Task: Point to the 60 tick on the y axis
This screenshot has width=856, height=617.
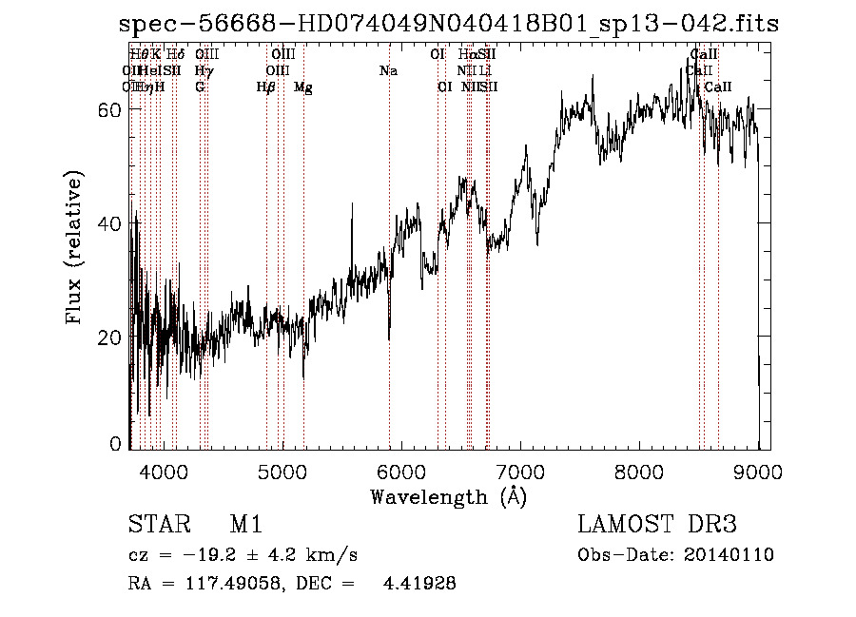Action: click(x=108, y=109)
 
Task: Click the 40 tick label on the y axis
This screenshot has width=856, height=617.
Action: click(x=108, y=223)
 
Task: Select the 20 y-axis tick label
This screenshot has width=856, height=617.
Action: click(x=108, y=337)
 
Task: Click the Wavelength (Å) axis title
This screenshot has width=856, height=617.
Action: click(x=448, y=496)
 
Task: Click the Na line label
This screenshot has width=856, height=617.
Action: click(x=388, y=71)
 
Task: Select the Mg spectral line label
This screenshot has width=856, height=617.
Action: click(x=303, y=87)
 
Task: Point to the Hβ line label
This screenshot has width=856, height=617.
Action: click(x=266, y=87)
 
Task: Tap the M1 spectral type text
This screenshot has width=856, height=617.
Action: click(x=245, y=525)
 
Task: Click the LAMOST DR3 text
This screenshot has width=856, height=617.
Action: click(x=657, y=525)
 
